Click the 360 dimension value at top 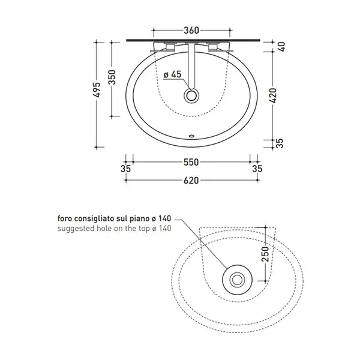[191, 31]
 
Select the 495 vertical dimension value [98, 89]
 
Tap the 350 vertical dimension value [112, 77]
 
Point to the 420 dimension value [274, 95]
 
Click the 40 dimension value [281, 47]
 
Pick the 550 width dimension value [191, 163]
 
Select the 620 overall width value [191, 181]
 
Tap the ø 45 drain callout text [173, 74]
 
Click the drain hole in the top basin [191, 96]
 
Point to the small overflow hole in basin [191, 136]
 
